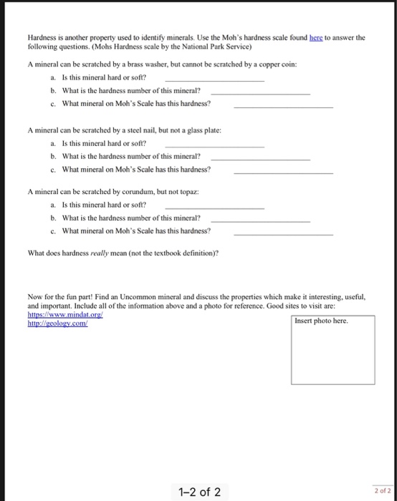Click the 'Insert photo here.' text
(x=322, y=321)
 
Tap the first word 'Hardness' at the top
(x=42, y=38)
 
